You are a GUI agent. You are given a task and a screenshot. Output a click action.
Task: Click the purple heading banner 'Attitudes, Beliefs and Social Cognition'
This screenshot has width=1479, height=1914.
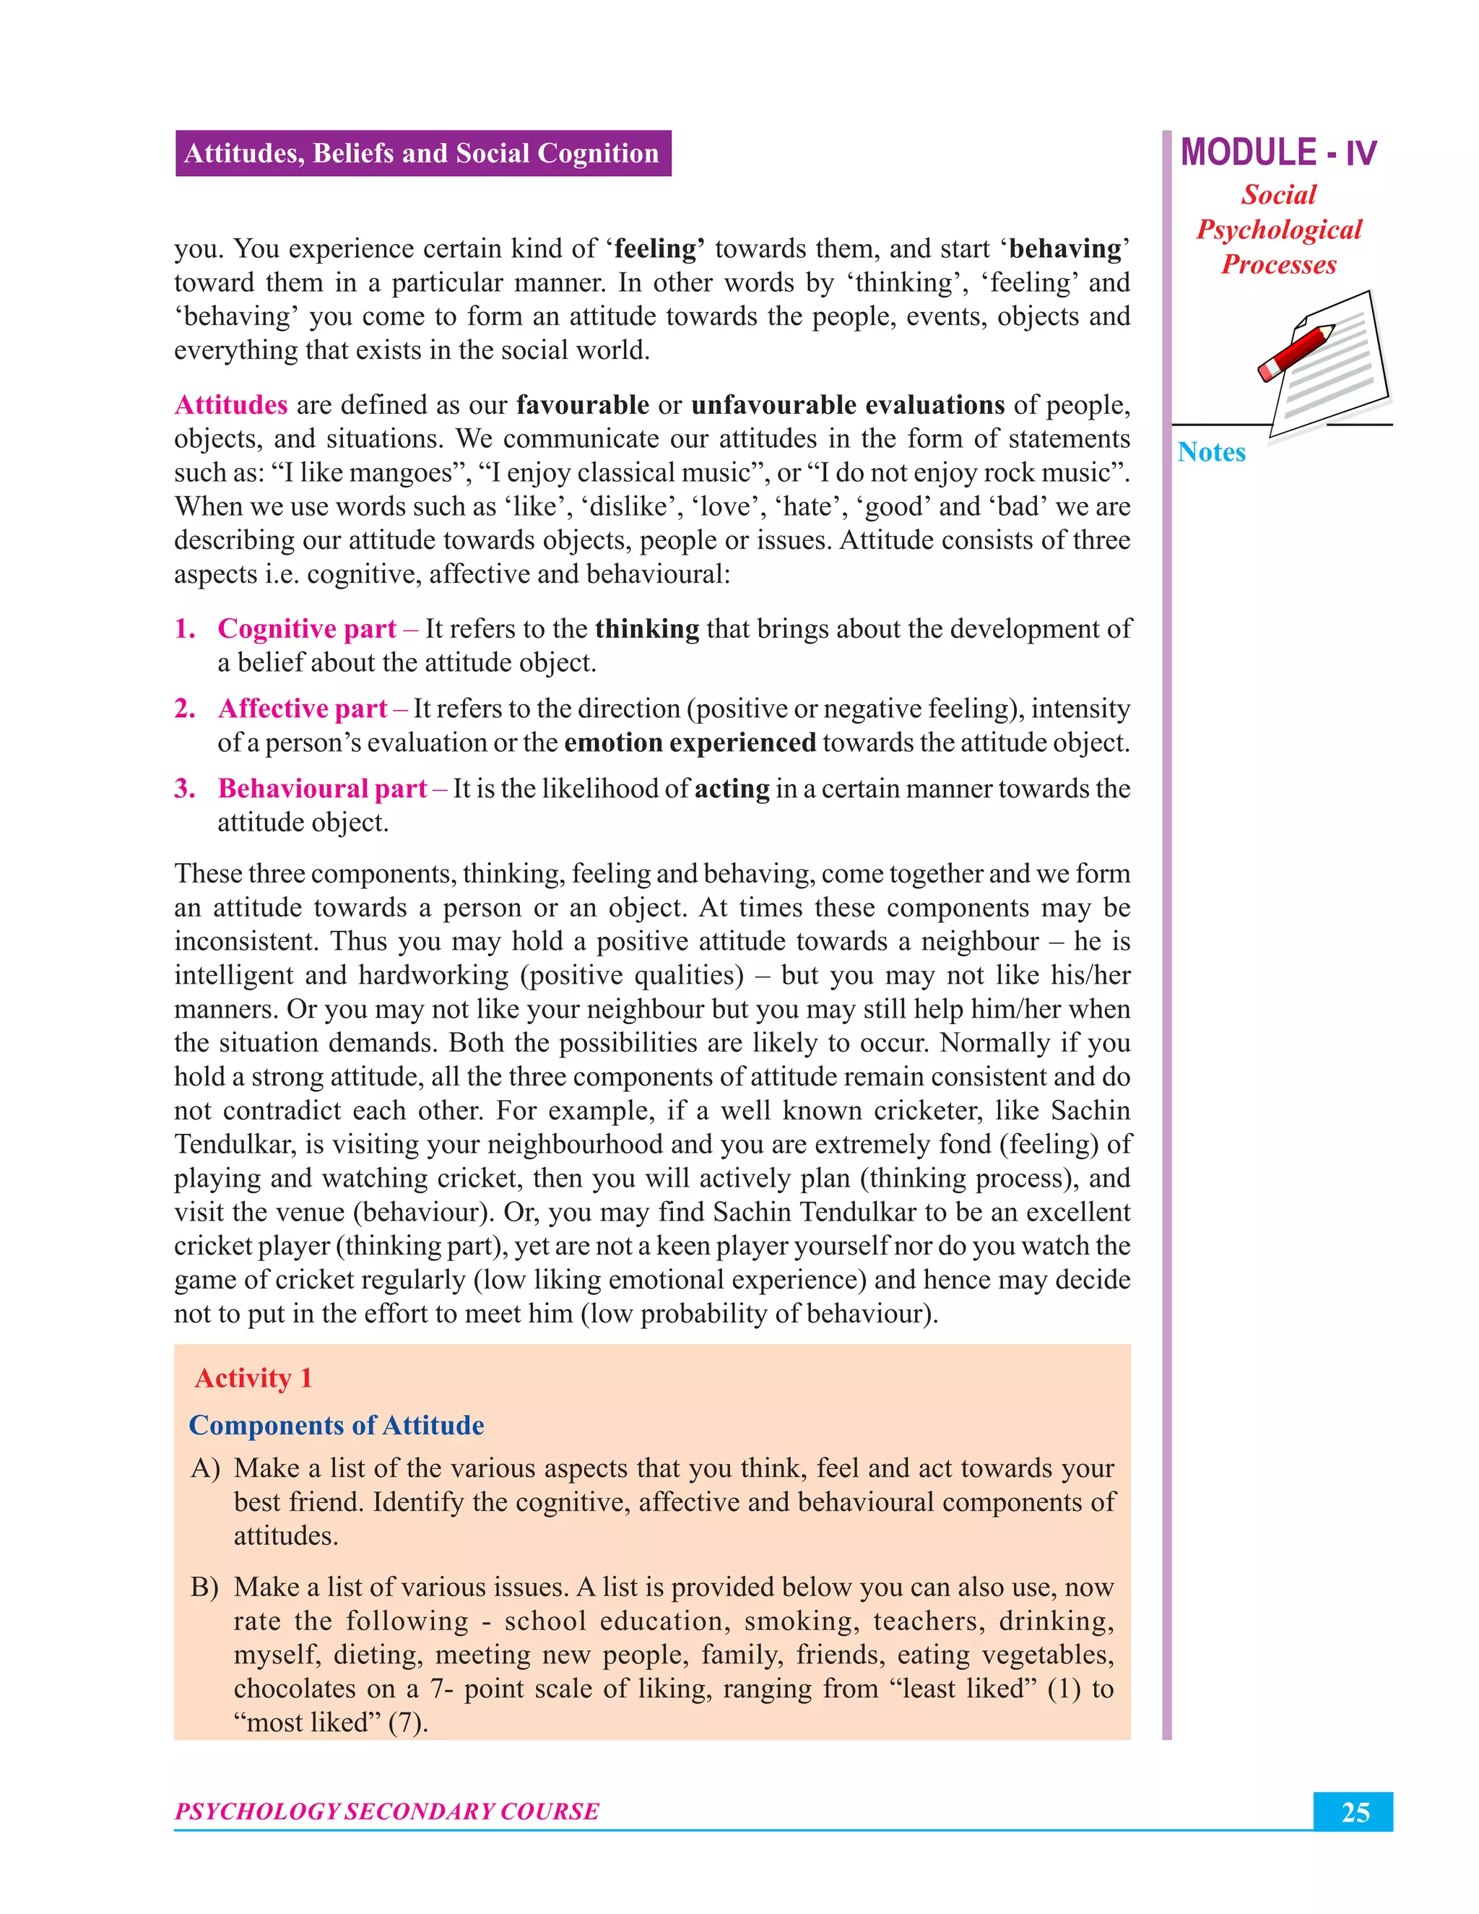(422, 153)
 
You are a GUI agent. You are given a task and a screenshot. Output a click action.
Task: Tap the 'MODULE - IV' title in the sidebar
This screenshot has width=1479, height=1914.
(1278, 152)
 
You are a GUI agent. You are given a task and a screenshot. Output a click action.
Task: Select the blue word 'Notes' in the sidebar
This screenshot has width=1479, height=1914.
(1211, 452)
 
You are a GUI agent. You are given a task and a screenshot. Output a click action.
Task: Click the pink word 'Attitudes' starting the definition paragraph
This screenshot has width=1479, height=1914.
(231, 405)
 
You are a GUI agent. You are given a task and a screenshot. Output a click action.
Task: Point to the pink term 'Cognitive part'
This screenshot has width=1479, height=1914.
(307, 629)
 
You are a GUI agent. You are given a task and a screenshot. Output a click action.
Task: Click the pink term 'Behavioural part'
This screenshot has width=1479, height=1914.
(322, 789)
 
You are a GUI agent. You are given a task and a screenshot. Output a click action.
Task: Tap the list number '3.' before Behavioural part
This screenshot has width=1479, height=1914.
(185, 789)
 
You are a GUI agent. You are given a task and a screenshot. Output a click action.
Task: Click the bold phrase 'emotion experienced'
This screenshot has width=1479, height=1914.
(690, 743)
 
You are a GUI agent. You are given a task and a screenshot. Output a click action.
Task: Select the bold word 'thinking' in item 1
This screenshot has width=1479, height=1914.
(646, 629)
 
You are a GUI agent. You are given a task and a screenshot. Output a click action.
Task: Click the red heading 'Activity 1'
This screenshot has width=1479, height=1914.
(253, 1379)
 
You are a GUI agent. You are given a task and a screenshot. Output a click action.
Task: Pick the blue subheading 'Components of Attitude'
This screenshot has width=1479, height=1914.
(337, 1426)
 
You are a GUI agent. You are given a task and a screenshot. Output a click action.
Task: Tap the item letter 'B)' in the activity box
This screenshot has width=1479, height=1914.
(204, 1587)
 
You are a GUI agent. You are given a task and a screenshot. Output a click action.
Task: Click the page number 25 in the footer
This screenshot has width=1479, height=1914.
(1354, 1812)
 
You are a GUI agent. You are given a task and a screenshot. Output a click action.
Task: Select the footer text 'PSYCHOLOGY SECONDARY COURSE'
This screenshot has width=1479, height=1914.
(386, 1811)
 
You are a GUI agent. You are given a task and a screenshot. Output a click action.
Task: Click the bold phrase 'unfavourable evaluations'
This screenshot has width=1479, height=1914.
(847, 405)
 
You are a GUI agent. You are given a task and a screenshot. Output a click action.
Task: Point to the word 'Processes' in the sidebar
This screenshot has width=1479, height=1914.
(1278, 264)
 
